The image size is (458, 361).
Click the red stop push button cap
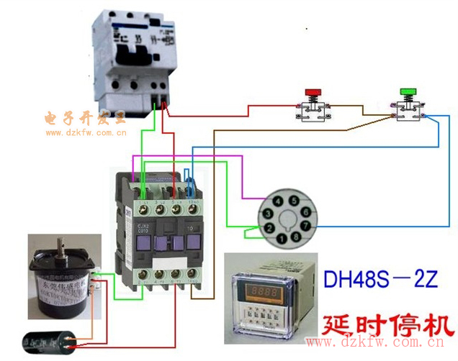tap(313, 93)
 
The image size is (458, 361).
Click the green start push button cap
tap(408, 93)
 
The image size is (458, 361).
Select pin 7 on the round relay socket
tap(305, 226)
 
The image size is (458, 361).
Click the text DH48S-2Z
tap(380, 280)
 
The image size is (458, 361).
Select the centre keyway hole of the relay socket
tap(286, 219)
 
